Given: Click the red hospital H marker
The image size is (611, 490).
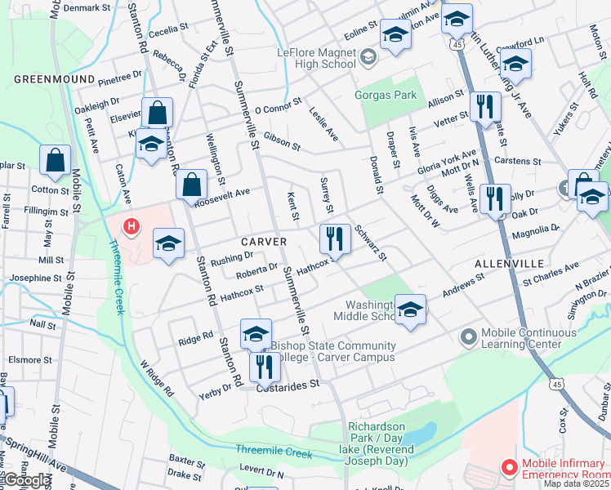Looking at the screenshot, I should (129, 226).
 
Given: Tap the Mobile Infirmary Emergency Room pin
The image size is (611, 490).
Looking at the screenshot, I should (509, 468).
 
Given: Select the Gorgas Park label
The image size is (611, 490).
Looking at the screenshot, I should (386, 96).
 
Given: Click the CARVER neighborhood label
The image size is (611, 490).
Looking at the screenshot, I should (263, 243).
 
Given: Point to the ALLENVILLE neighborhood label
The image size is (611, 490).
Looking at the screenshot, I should (508, 265).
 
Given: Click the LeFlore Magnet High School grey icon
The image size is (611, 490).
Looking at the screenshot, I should (368, 57).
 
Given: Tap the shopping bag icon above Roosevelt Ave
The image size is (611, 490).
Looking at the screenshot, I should (191, 185).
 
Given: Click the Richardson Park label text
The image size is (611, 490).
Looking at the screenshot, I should (376, 427).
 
